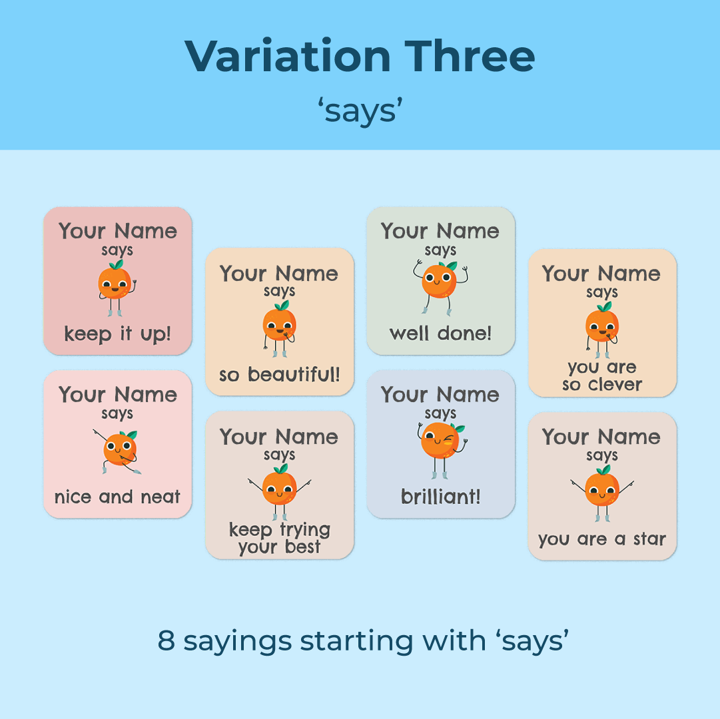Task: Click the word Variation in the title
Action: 288,57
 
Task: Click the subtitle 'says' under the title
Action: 360,111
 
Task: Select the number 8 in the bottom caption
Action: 166,640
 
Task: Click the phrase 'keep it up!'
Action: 117,334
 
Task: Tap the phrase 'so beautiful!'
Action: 279,374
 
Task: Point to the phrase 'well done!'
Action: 440,333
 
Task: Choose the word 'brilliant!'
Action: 440,496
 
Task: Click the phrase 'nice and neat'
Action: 117,497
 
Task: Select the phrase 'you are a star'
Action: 602,539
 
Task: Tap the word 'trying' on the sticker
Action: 305,530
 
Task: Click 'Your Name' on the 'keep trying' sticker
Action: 279,436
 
